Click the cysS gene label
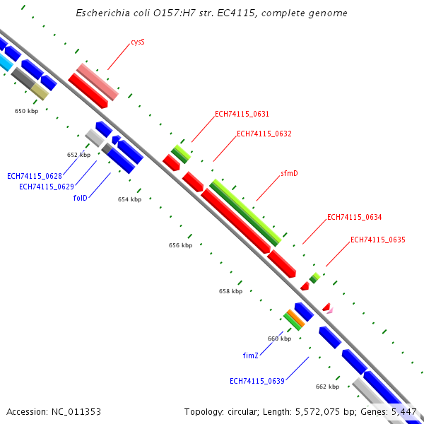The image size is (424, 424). click(138, 42)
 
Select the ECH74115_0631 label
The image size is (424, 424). click(242, 114)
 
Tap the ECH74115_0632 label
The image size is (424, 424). click(264, 134)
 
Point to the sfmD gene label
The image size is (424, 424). click(289, 173)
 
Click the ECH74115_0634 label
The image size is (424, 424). click(354, 218)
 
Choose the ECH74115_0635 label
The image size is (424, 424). click(377, 240)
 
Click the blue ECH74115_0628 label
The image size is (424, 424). click(35, 176)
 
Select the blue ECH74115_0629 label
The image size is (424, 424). click(47, 187)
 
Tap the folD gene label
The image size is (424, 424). click(80, 198)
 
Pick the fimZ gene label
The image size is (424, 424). click(251, 355)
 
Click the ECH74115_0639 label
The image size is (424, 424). click(257, 382)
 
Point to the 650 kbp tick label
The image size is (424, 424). click(27, 111)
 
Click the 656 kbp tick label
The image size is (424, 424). click(180, 245)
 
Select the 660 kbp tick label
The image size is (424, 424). click(279, 338)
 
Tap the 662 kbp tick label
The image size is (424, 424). click(327, 387)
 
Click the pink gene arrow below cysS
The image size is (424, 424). click(98, 81)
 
